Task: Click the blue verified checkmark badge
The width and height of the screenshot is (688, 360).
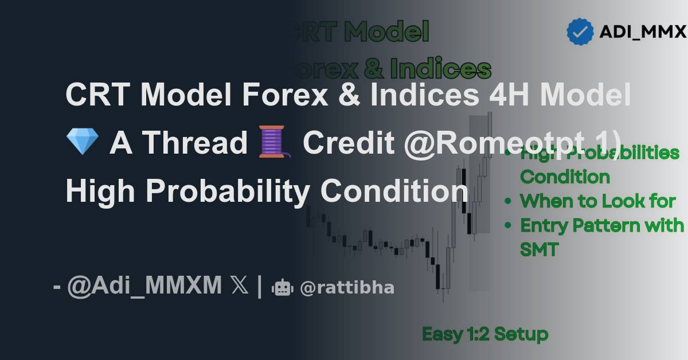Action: [x=580, y=32]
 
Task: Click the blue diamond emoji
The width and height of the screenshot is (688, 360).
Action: [x=82, y=142]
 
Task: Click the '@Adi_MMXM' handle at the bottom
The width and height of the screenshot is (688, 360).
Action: [x=144, y=285]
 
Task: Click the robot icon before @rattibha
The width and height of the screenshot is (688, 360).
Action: [x=282, y=287]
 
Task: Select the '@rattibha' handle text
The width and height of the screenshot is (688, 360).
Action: [x=347, y=287]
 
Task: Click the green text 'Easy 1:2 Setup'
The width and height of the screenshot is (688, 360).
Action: [x=485, y=334]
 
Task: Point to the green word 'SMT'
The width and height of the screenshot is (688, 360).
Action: [x=539, y=249]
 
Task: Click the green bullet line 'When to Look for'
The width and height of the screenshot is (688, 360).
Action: [x=597, y=201]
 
